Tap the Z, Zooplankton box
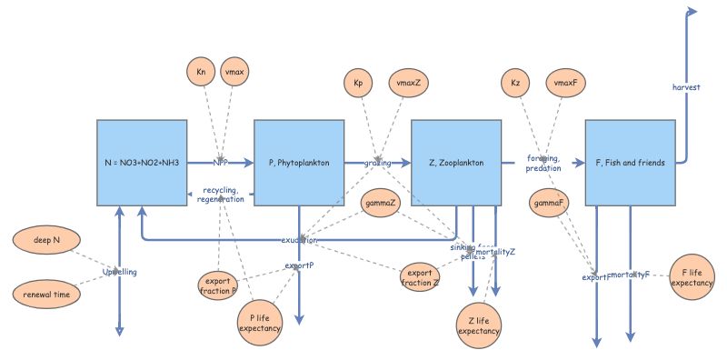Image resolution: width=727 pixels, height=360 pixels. pos(456,162)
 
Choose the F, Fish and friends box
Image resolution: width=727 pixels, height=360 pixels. pos(630,162)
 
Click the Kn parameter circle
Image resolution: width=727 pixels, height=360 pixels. pos(201,71)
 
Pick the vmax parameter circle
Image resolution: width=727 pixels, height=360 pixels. pos(234,71)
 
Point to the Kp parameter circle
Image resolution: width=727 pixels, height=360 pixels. pos(358,84)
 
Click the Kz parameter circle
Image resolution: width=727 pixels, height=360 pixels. pos(515,84)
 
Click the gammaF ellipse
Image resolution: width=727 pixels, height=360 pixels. pos(550,203)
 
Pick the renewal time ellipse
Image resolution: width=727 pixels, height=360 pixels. pos(46,294)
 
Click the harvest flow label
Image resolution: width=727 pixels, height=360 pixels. pos(687,87)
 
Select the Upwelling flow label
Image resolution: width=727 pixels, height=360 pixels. pos(120,272)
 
